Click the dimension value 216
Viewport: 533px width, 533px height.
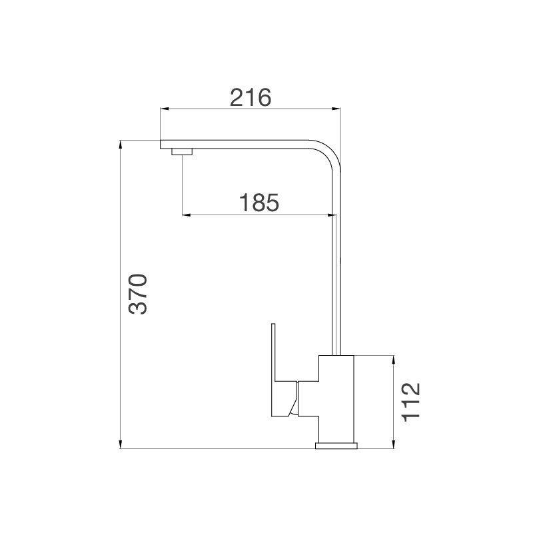(x=251, y=97)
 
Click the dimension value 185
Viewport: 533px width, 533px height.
(x=259, y=203)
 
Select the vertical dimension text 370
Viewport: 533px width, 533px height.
(x=137, y=293)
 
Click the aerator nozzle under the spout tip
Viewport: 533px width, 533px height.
(x=182, y=153)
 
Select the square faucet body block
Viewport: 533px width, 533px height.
(x=338, y=393)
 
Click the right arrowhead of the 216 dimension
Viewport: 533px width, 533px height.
(x=336, y=109)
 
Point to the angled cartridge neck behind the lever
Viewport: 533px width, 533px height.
(x=292, y=400)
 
